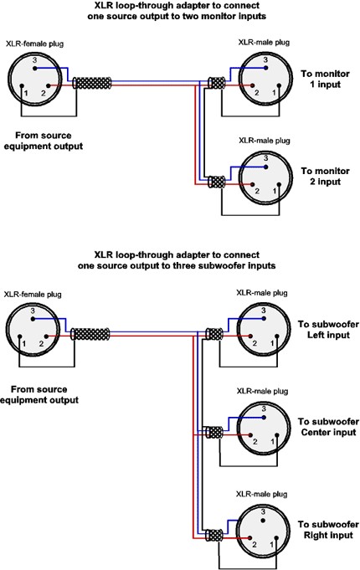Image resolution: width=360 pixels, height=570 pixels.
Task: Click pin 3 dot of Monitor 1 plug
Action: tap(266, 68)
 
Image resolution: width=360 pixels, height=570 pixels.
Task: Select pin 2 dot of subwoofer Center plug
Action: tap(250, 435)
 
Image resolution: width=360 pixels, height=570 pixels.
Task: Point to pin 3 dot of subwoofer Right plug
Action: tap(263, 520)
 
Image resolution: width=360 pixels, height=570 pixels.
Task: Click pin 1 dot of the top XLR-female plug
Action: tap(22, 86)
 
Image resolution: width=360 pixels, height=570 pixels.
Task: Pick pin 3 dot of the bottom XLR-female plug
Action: tap(33, 319)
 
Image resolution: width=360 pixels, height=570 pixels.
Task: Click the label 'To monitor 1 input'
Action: tap(325, 79)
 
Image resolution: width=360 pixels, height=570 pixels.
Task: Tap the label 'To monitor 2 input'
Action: tap(325, 176)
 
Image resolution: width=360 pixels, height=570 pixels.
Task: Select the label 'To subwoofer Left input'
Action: tap(328, 329)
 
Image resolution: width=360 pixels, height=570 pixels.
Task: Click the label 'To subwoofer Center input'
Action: tap(328, 427)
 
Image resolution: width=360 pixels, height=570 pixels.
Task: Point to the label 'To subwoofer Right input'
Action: tap(328, 530)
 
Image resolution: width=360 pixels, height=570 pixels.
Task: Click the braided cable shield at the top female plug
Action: tap(92, 83)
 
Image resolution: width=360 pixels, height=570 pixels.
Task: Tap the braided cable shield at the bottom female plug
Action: tap(90, 334)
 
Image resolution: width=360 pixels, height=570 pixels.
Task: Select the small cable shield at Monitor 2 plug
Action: tap(216, 181)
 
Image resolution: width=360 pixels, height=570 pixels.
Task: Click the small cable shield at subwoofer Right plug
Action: tap(213, 537)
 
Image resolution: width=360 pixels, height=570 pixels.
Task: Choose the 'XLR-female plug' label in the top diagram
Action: tap(34, 44)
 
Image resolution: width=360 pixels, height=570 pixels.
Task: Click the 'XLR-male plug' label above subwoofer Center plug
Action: tap(262, 391)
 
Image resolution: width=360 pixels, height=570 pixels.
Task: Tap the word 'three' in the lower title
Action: tap(184, 265)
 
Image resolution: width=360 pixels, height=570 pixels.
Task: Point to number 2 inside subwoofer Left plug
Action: tap(255, 343)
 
